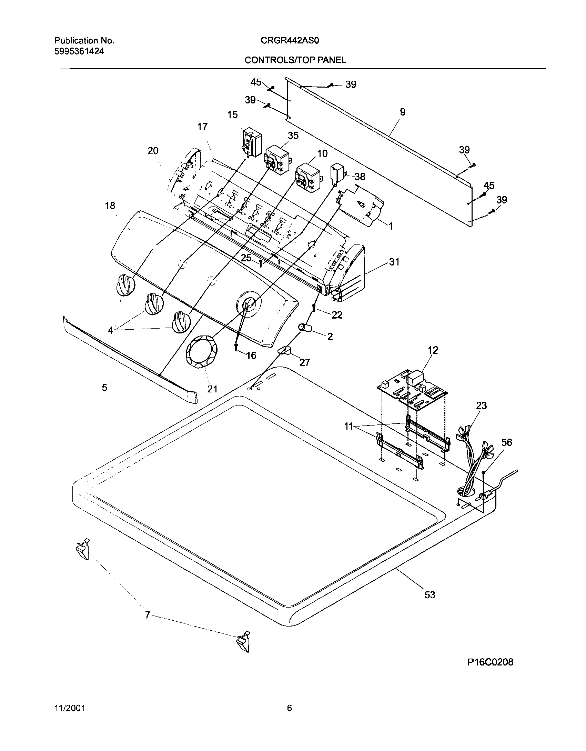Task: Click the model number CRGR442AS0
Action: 290,41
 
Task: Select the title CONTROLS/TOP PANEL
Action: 295,60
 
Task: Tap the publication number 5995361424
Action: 79,51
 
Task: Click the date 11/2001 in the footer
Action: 70,708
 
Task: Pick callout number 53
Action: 430,595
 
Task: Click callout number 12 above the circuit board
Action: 433,350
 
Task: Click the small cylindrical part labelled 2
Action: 306,328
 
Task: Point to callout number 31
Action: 394,262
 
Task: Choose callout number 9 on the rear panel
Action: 402,112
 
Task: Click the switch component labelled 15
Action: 251,142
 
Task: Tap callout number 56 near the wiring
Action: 506,442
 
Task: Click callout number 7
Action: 147,615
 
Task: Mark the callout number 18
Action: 110,206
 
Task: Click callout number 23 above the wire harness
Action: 481,405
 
